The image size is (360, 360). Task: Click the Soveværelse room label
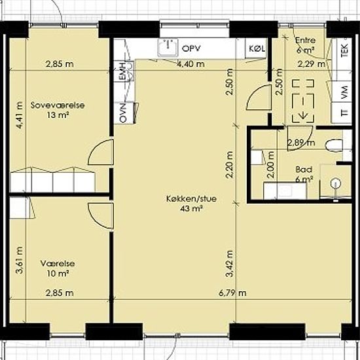coord(58,105)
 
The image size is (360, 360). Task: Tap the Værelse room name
coord(58,263)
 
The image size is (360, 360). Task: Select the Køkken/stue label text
coord(191,198)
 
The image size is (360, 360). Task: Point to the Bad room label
coord(304,170)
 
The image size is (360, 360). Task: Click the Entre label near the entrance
coord(305,40)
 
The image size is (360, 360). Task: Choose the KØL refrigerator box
coord(257,48)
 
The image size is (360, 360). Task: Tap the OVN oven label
coord(123,113)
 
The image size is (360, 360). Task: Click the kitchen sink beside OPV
coord(168,48)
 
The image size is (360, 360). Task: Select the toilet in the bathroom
coord(334,145)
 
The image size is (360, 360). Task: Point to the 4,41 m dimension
coord(20,115)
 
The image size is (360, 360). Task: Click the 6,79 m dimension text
coord(232,293)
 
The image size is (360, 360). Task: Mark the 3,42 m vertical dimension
coord(230,264)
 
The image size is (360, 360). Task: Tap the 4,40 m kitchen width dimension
coord(191,64)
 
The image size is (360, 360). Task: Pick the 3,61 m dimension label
coord(20,260)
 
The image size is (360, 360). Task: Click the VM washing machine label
coord(344,92)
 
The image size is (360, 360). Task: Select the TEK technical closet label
coord(344,50)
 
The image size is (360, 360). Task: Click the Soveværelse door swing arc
coord(96,149)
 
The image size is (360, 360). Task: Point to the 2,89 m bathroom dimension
coord(302,143)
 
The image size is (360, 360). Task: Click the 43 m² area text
coord(191,209)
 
